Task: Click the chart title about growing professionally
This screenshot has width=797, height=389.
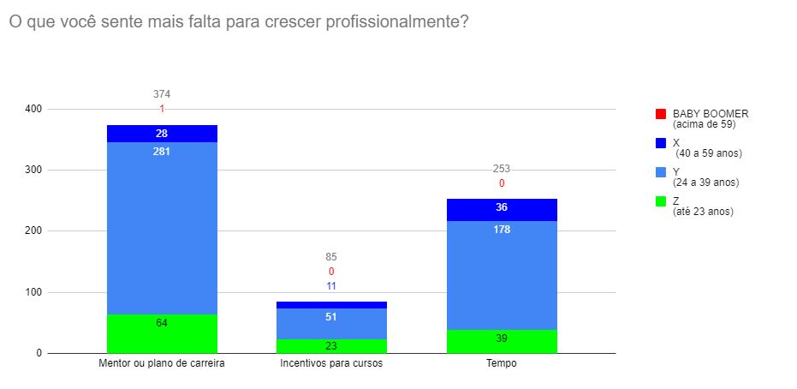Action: click(238, 22)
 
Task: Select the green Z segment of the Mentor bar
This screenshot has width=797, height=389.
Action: click(162, 334)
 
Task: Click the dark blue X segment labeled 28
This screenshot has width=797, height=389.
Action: click(162, 134)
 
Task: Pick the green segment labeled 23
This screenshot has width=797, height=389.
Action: click(331, 346)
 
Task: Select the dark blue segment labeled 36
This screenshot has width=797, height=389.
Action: click(502, 209)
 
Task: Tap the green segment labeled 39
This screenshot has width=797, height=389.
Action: click(502, 341)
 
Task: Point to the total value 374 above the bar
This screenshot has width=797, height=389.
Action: click(162, 94)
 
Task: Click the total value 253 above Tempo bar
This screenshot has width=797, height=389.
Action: click(502, 169)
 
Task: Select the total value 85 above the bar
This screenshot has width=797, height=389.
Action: click(331, 256)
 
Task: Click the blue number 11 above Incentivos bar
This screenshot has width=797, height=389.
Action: click(331, 286)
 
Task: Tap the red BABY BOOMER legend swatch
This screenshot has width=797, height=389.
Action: click(660, 114)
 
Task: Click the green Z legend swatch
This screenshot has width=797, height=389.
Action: click(660, 201)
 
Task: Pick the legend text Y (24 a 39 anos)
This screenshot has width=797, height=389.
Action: click(705, 177)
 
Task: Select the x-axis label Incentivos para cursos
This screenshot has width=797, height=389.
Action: click(331, 364)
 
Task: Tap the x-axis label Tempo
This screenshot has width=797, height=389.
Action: click(502, 364)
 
